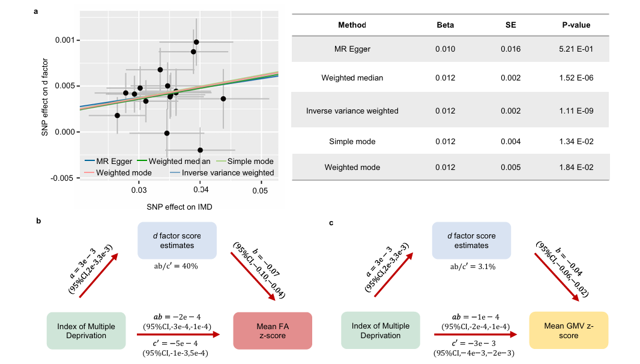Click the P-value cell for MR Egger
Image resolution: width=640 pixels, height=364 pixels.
(576, 49)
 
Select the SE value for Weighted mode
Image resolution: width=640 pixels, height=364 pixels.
(510, 168)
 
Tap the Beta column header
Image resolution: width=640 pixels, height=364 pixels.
(445, 25)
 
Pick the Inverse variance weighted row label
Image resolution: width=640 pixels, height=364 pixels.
(352, 111)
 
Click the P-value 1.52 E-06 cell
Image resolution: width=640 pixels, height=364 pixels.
(576, 78)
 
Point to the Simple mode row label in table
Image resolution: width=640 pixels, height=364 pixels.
(352, 141)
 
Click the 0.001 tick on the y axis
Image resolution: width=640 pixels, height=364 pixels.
(64, 40)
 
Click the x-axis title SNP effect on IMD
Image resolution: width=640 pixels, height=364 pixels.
(179, 207)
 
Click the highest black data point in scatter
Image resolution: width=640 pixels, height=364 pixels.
(196, 42)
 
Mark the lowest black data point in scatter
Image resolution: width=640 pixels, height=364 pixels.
(200, 150)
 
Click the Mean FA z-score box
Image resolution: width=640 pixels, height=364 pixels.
(273, 330)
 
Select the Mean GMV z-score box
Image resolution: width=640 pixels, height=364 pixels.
(568, 330)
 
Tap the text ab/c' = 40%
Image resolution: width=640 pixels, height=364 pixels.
(177, 265)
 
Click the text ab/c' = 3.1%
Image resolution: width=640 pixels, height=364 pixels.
(471, 265)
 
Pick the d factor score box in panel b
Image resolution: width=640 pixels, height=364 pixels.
(177, 241)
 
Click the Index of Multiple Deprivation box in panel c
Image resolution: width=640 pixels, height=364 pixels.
(380, 330)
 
